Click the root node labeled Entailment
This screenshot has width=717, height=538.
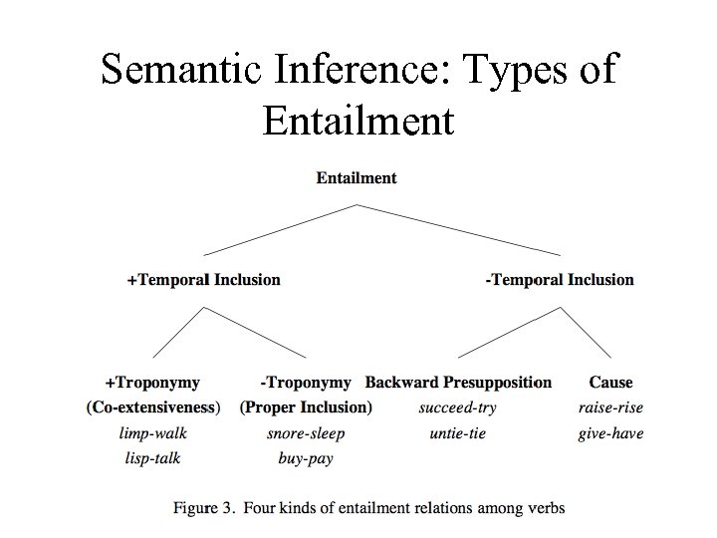click(x=357, y=178)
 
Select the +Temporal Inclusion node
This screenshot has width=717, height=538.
click(x=204, y=280)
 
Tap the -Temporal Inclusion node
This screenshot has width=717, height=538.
click(x=560, y=280)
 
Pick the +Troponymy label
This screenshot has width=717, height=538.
click(x=152, y=383)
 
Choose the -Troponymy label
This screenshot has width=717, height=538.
click(x=306, y=383)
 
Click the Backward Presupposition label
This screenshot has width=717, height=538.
click(x=458, y=383)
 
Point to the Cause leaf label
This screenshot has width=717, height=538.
click(x=610, y=383)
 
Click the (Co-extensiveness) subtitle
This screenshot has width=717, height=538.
click(x=152, y=407)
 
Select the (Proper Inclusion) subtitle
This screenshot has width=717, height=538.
click(x=306, y=407)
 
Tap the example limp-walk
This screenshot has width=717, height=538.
click(x=152, y=433)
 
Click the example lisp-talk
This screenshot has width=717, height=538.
click(x=152, y=458)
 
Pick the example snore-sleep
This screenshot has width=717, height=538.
click(x=306, y=433)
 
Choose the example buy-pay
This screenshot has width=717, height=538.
click(x=306, y=458)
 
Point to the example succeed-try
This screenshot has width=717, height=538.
click(x=458, y=407)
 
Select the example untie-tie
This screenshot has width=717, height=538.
click(x=458, y=433)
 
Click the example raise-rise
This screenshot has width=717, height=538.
click(x=610, y=407)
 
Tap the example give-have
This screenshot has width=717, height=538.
click(x=610, y=433)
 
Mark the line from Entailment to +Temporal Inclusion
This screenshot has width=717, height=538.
click(x=279, y=230)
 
